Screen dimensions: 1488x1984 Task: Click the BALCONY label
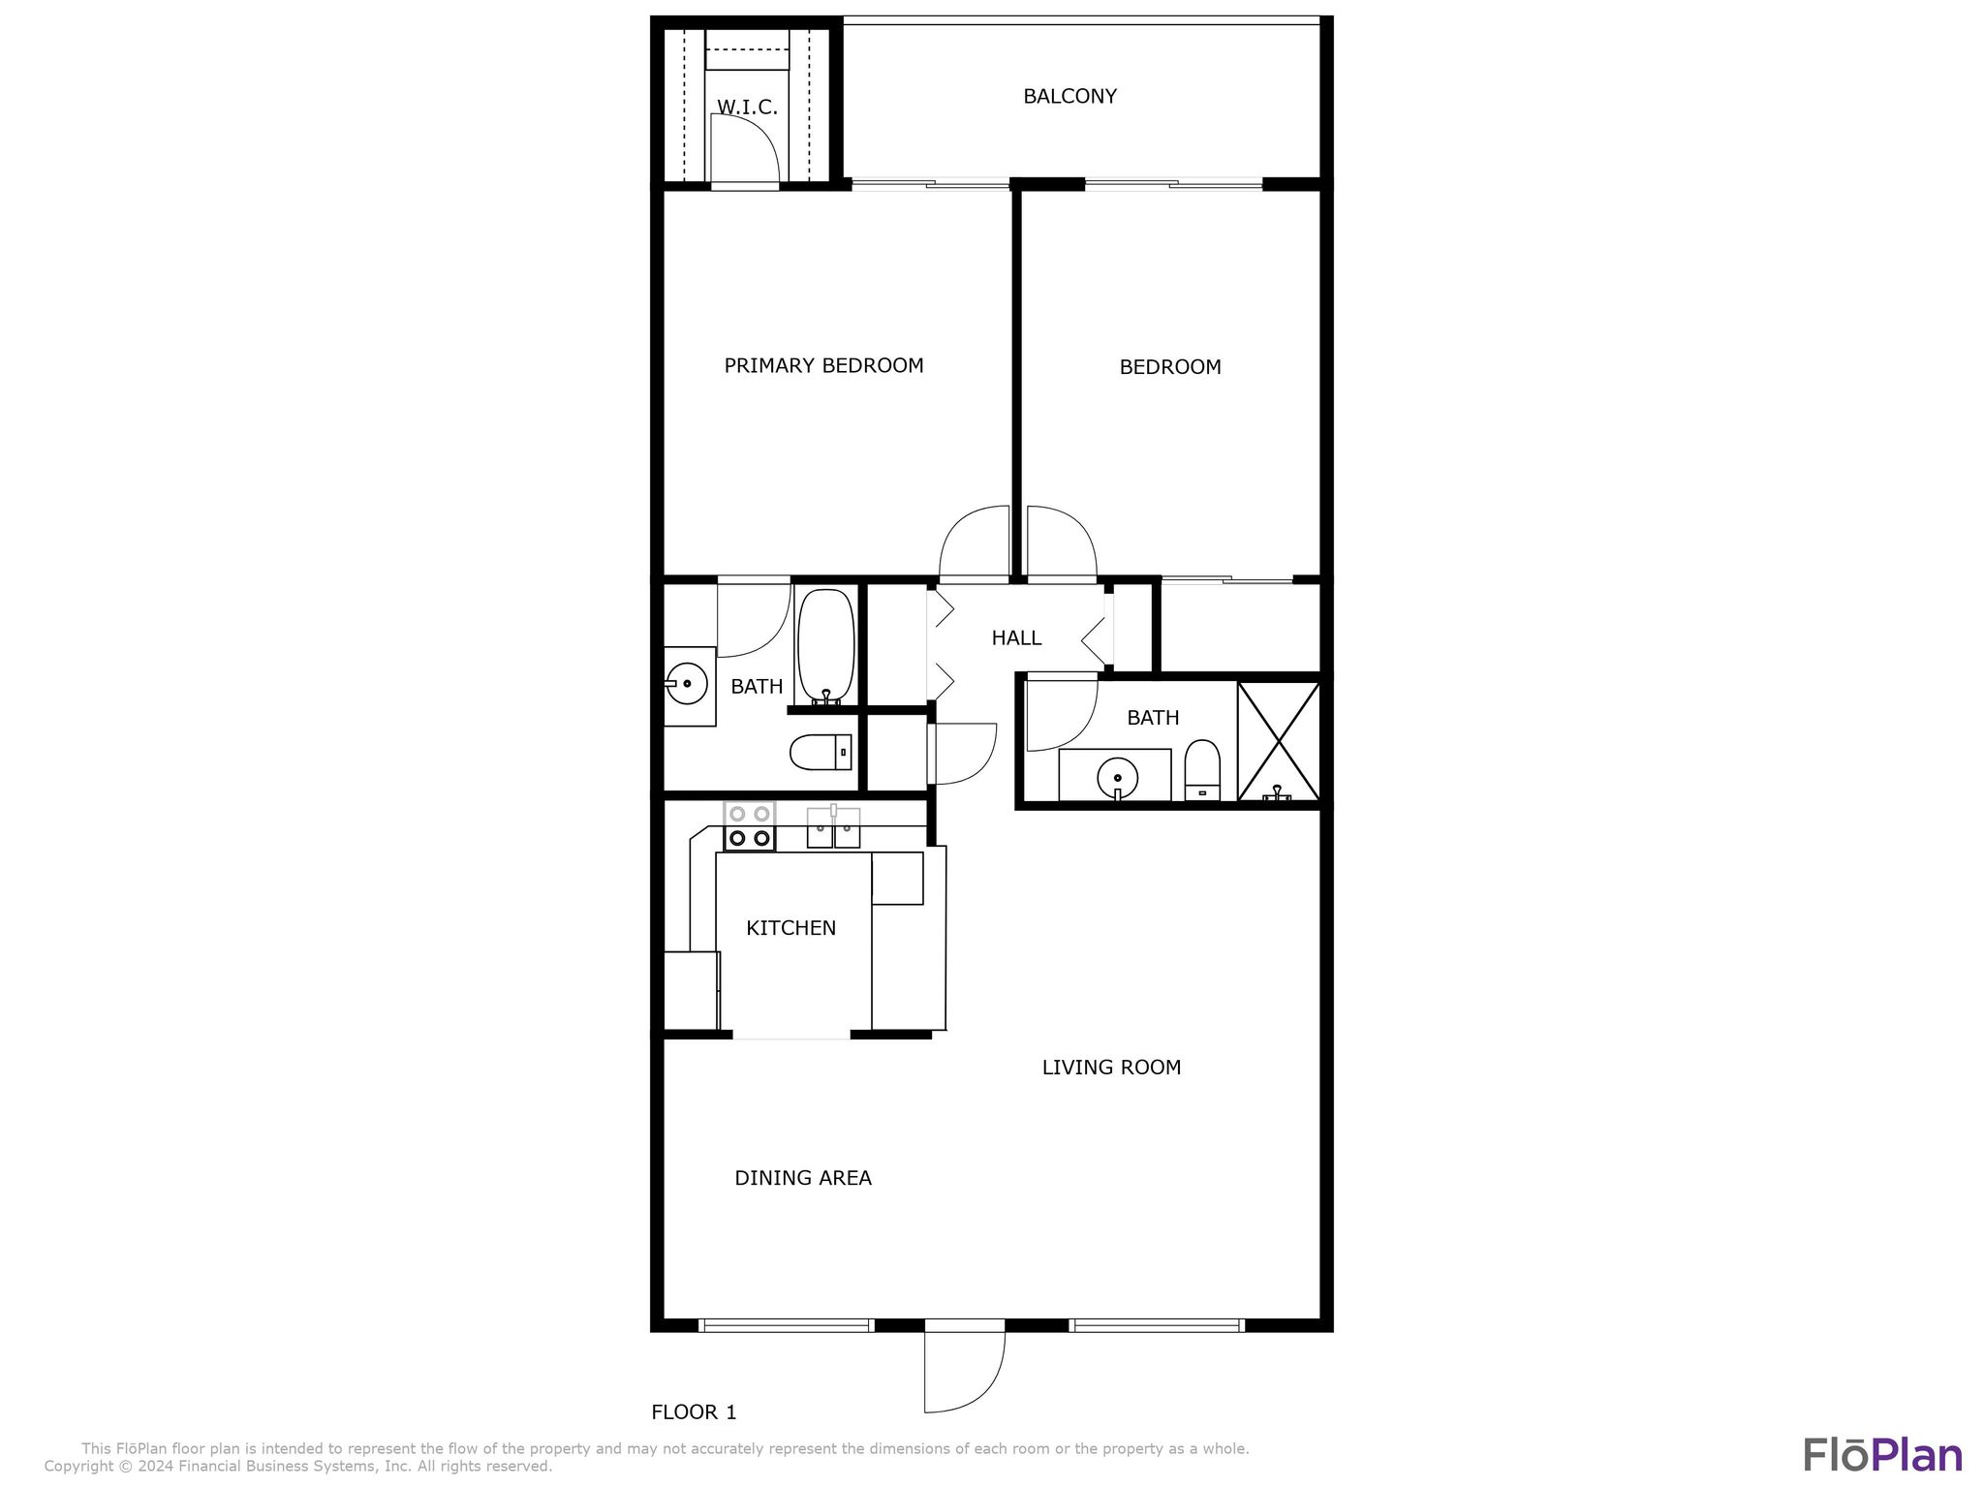(x=1069, y=96)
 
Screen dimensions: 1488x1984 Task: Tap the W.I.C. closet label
(x=747, y=107)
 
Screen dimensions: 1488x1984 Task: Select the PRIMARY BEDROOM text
(x=823, y=365)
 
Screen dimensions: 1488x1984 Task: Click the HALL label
(x=1016, y=637)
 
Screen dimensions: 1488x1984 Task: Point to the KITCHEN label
(x=790, y=928)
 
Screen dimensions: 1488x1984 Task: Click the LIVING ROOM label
(x=1111, y=1068)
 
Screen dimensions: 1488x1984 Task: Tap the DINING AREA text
(x=803, y=1178)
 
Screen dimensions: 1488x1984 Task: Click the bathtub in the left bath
(x=825, y=644)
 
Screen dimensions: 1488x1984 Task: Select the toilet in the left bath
(x=821, y=752)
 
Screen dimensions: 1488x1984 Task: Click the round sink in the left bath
(x=687, y=683)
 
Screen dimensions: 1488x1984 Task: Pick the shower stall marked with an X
(x=1279, y=741)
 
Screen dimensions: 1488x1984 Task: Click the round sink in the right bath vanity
(x=1117, y=776)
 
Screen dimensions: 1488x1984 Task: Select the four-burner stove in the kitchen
(x=749, y=826)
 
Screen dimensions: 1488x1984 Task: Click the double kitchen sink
(x=833, y=828)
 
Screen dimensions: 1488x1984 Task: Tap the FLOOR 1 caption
(x=694, y=1412)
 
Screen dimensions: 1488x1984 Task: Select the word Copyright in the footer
(x=78, y=1467)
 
